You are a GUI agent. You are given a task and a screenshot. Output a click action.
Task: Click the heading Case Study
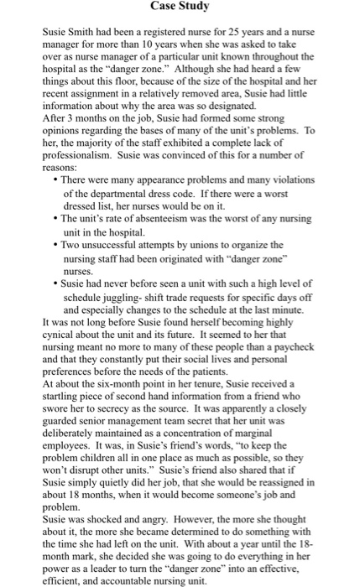tap(180, 8)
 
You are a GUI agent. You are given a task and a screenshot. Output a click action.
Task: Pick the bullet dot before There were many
tap(55, 180)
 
